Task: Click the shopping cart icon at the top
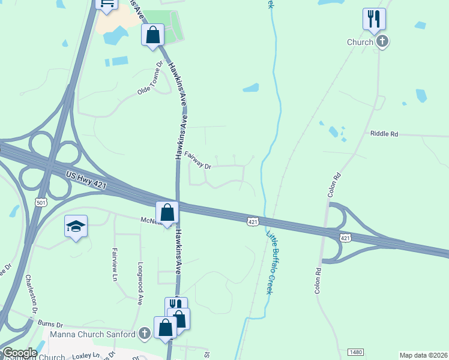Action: [x=106, y=5]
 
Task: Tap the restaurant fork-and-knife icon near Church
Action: [x=374, y=19]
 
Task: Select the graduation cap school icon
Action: [x=76, y=226]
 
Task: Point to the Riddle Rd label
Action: [x=384, y=134]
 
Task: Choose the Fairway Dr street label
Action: [x=197, y=160]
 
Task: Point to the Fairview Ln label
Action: [x=114, y=264]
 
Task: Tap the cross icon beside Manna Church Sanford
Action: [x=144, y=333]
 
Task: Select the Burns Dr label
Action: [x=50, y=323]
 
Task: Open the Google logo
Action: [x=19, y=353]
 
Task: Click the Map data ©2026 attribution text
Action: [x=423, y=355]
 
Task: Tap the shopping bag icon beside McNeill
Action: [x=167, y=212]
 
